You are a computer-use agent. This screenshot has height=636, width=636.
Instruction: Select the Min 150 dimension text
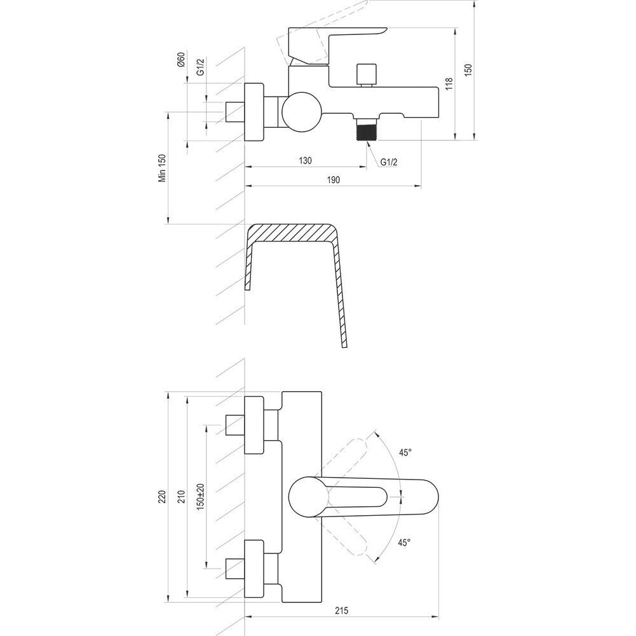tap(162, 168)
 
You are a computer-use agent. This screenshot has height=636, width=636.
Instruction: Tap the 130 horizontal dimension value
tap(305, 160)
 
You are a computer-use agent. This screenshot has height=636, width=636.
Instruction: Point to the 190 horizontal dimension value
tap(333, 179)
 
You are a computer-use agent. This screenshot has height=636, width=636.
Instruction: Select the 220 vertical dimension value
tap(162, 497)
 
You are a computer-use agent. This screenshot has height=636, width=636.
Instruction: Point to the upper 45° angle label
tap(405, 452)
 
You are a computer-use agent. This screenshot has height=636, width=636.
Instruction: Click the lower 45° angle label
tap(404, 542)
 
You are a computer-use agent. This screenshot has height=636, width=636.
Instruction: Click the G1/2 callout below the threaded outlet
tap(389, 162)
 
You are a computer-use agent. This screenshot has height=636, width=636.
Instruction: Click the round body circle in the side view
tap(302, 112)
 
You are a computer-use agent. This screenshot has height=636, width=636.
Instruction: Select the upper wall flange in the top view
tap(254, 425)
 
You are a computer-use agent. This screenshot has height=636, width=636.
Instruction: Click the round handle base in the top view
tap(308, 497)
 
